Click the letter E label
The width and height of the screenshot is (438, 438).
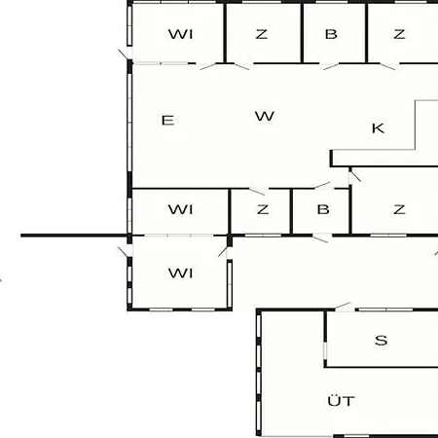(x=167, y=121)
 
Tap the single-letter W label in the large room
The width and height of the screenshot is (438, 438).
(x=265, y=116)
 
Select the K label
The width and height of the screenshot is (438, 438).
(x=378, y=128)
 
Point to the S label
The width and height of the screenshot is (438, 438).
(x=381, y=341)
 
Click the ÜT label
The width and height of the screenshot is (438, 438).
(x=341, y=401)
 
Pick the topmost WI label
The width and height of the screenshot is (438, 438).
(x=180, y=34)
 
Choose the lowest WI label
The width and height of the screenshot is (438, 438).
(x=180, y=274)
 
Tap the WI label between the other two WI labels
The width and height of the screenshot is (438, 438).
(x=180, y=209)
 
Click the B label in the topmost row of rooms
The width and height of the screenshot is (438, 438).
(x=331, y=34)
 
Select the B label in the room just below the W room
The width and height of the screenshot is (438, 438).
(x=323, y=209)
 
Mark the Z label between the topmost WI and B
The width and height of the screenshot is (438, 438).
(x=262, y=34)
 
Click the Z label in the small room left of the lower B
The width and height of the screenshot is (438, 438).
(x=263, y=209)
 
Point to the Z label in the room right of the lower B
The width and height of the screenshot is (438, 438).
(x=399, y=209)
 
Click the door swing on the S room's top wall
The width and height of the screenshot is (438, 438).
(x=343, y=306)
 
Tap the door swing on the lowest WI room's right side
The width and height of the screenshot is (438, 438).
(x=223, y=252)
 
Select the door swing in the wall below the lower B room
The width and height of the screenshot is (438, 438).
(x=320, y=238)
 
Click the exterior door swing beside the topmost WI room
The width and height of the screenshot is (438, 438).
(x=124, y=55)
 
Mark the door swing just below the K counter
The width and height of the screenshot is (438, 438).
(x=355, y=176)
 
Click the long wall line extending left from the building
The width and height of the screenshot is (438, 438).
(x=74, y=236)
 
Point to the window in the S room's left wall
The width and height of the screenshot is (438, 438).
(x=325, y=350)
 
